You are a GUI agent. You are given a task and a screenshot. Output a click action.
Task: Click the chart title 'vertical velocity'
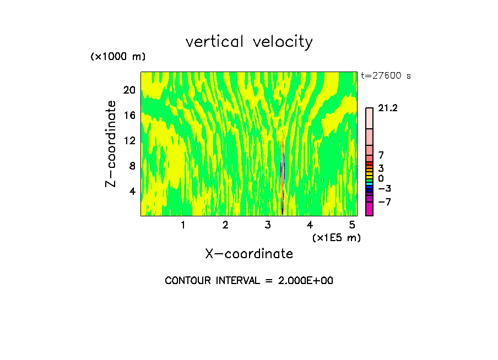[249, 42]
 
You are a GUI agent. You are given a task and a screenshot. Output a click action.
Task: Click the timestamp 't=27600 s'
[386, 76]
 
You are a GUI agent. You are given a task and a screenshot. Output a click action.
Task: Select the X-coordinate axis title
[249, 254]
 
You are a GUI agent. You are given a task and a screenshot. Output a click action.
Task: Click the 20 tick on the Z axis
[129, 90]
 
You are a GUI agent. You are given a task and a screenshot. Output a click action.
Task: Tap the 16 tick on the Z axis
[129, 115]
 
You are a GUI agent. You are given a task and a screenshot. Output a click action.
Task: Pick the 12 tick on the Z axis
[129, 140]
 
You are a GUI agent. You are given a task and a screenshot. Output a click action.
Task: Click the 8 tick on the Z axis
[132, 166]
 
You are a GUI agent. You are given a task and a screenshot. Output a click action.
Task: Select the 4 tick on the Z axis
[132, 191]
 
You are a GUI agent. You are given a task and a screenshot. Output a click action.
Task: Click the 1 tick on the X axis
[183, 225]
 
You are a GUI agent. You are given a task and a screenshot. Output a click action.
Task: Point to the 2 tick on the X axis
[225, 225]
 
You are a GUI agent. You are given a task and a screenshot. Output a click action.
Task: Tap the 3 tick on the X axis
[267, 225]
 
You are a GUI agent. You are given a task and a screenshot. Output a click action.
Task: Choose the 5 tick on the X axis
[352, 225]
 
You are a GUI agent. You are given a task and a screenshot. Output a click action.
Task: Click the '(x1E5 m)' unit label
[336, 237]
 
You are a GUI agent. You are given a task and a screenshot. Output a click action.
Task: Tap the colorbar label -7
[385, 202]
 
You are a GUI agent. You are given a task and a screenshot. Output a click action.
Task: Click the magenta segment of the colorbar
[369, 209]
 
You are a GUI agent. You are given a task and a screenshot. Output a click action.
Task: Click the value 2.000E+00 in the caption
[300, 281]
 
